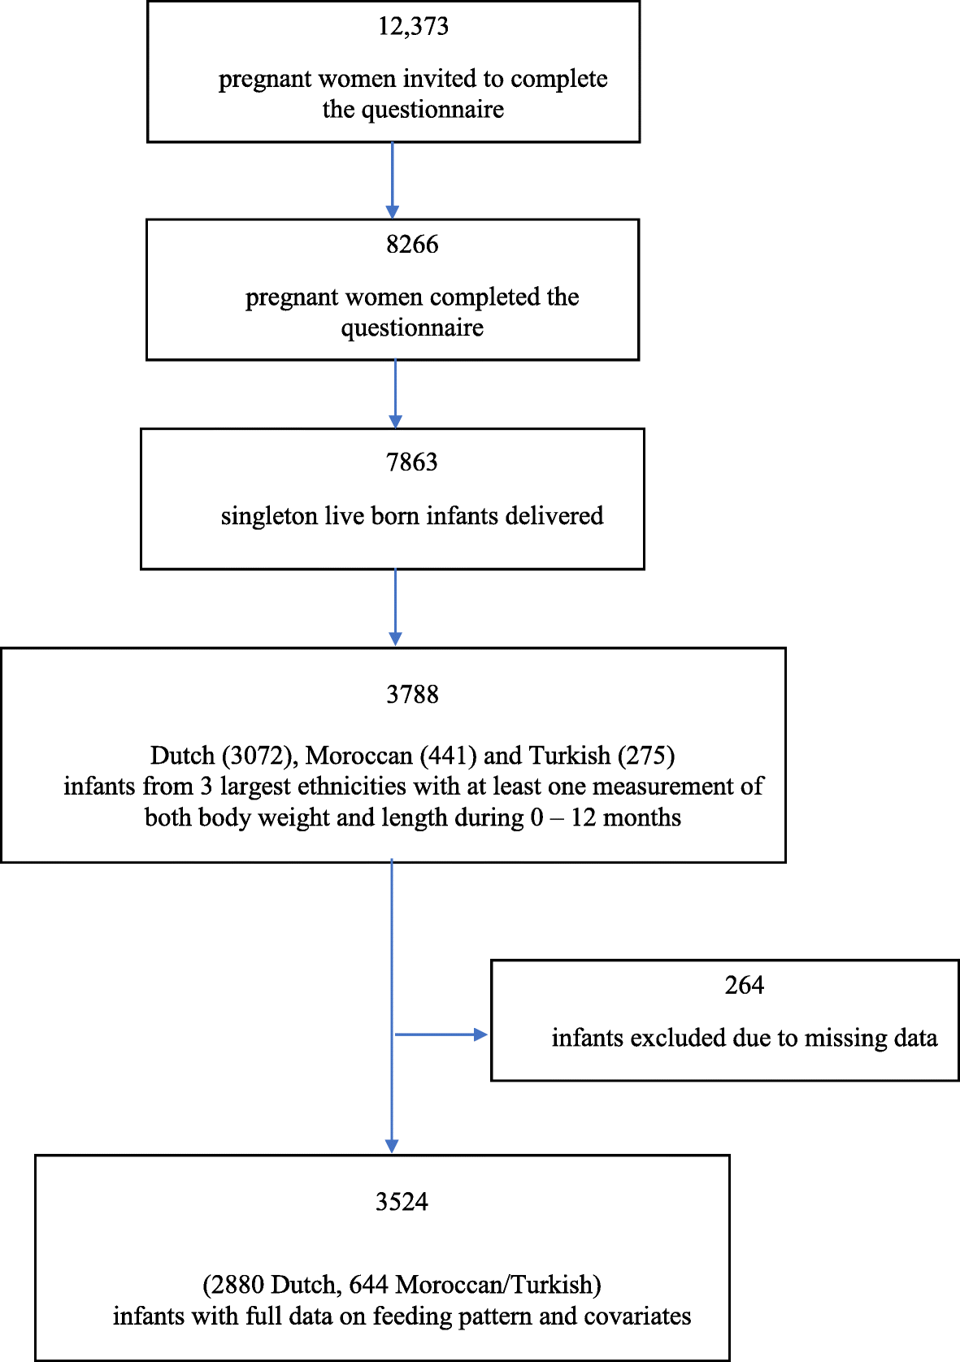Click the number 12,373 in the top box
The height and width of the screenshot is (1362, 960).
413,27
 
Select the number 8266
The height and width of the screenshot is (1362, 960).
412,245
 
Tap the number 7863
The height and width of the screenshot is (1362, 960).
412,462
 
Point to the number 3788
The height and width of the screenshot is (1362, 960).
412,695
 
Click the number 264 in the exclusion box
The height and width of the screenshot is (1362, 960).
744,986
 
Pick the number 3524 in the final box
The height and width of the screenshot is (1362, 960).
402,1202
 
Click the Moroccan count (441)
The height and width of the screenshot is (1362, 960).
447,756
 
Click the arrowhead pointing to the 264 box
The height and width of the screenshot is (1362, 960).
480,1035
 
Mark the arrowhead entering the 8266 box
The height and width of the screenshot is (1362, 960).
393,212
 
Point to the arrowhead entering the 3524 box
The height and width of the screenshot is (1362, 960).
392,1146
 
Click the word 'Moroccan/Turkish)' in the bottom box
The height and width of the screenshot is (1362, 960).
498,1285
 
